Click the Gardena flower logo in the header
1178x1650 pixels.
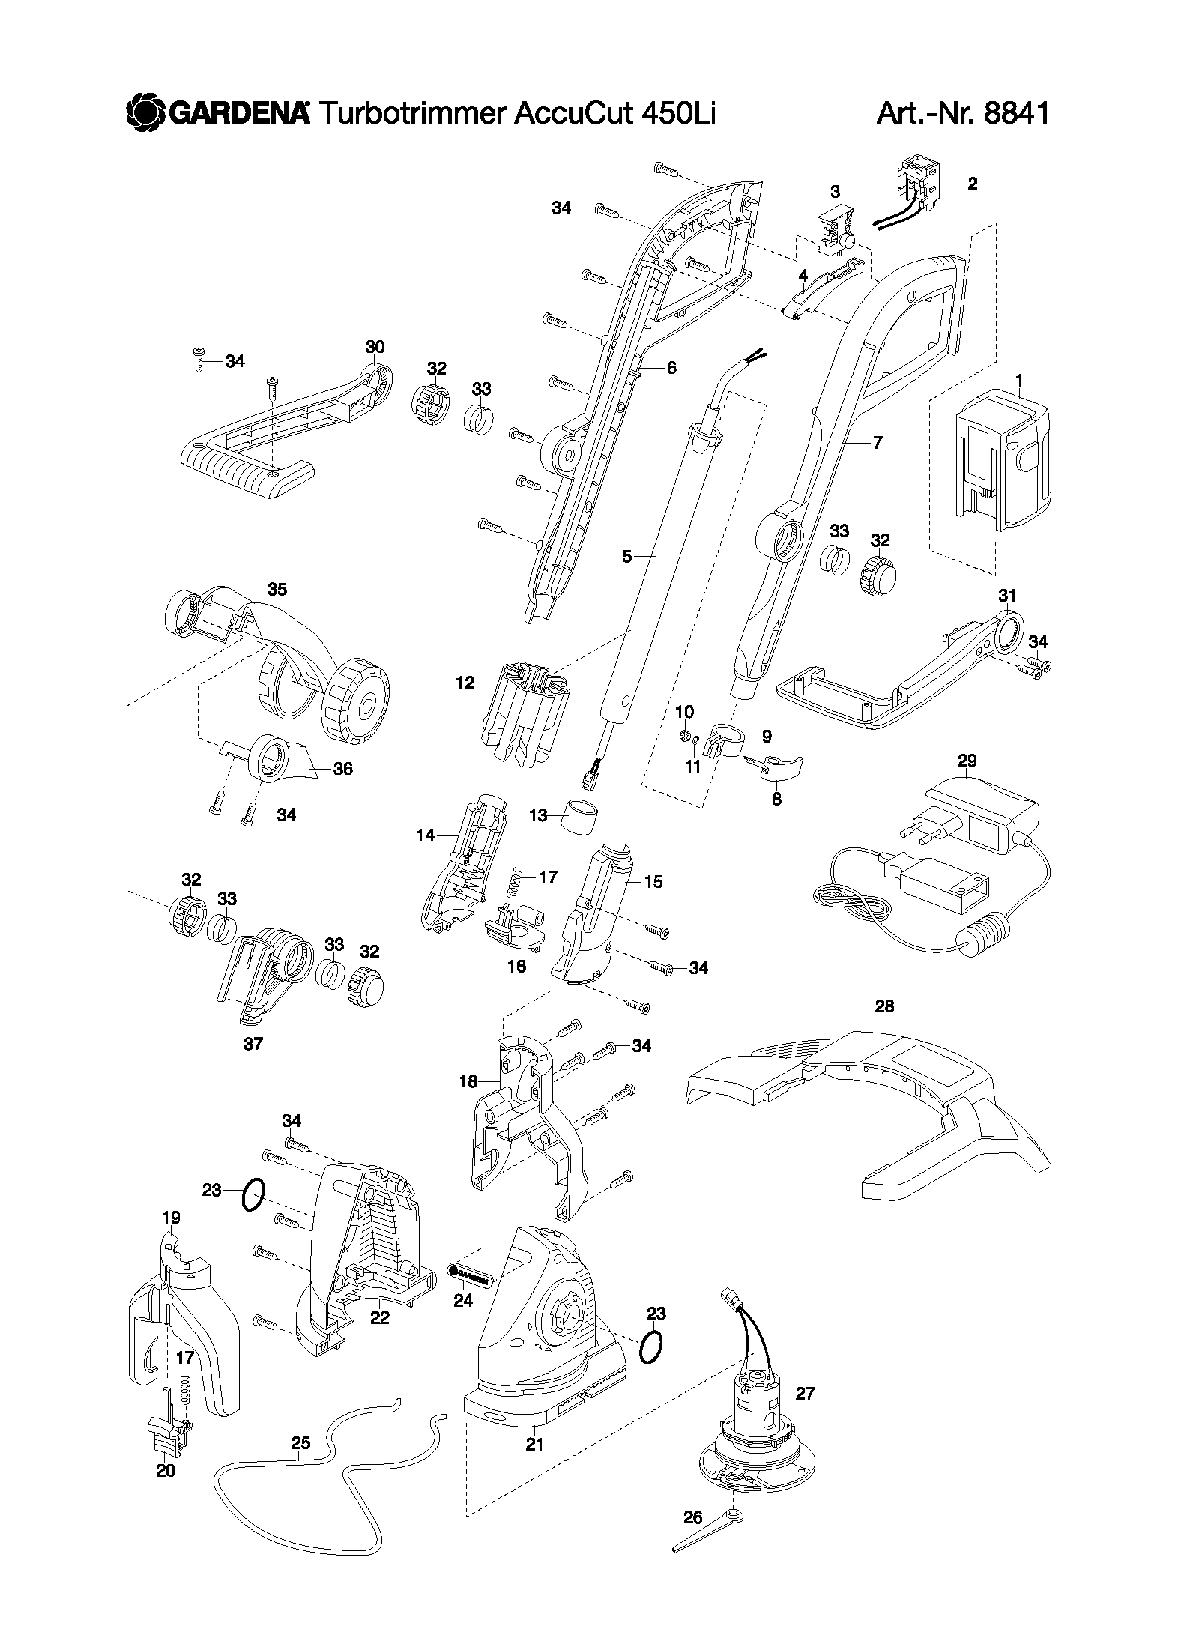[145, 113]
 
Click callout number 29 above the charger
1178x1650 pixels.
[967, 761]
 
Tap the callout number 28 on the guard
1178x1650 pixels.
[884, 1006]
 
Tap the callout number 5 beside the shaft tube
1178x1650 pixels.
[627, 556]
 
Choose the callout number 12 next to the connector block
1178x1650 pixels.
[465, 683]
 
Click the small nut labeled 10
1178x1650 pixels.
[683, 736]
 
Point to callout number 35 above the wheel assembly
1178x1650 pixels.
[277, 590]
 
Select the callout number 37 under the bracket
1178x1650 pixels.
[253, 1043]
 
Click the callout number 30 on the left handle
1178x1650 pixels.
[375, 347]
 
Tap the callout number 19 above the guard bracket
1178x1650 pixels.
[171, 1218]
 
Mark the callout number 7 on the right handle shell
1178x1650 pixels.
[878, 442]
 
